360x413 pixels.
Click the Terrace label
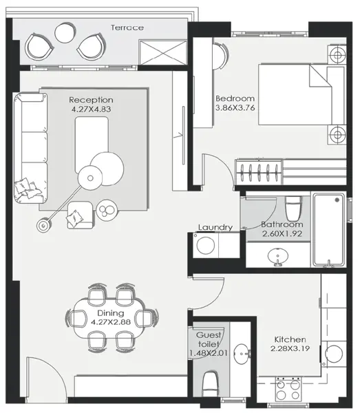[x=127, y=28]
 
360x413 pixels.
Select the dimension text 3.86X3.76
[x=235, y=108]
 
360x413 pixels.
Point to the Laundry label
[x=215, y=228]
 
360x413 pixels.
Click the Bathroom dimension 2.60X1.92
[x=282, y=235]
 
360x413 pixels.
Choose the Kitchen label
[x=290, y=339]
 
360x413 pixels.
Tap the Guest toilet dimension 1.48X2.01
[x=207, y=353]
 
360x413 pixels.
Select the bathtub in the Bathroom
[x=328, y=231]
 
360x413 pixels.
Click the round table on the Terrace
[x=65, y=32]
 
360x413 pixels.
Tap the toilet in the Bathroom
[x=294, y=207]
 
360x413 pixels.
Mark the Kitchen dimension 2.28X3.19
[x=290, y=349]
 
